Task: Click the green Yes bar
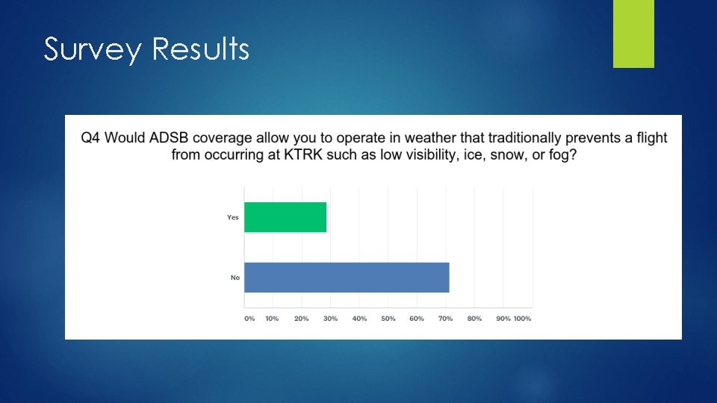point(285,217)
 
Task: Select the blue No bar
point(347,278)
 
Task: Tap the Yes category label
point(233,217)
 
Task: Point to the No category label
point(235,278)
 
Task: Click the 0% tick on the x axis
point(249,319)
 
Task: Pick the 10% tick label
point(272,319)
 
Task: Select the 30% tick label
point(330,319)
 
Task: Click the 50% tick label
point(388,319)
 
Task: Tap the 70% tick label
point(445,319)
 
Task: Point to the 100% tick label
point(522,319)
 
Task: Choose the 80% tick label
point(474,319)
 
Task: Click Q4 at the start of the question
point(89,138)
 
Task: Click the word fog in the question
point(564,154)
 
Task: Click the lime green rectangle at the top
point(633,34)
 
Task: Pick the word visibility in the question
point(436,154)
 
